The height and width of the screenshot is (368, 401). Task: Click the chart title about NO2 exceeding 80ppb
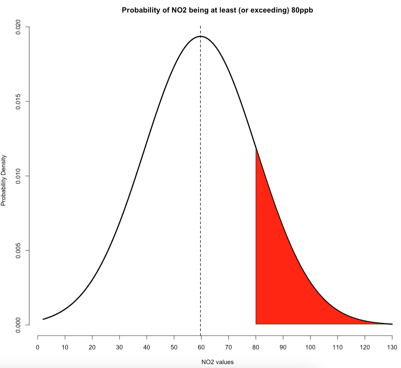(x=217, y=10)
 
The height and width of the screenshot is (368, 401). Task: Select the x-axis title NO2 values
(x=218, y=362)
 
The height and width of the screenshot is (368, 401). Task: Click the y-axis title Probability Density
(x=4, y=180)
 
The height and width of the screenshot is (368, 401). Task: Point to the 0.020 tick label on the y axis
(x=18, y=27)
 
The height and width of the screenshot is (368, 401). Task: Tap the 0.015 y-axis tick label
(x=18, y=102)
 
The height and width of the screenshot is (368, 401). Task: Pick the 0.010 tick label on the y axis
(x=18, y=176)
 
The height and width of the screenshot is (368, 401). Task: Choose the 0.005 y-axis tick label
(x=18, y=250)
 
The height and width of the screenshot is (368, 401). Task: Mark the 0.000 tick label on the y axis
(x=18, y=325)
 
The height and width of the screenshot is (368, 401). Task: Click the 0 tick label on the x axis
(x=38, y=347)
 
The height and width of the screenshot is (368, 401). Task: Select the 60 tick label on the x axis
(x=201, y=347)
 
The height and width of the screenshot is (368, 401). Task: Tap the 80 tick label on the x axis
(x=256, y=347)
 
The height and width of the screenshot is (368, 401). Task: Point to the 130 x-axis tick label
(x=392, y=347)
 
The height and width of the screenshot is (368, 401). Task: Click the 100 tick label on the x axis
(x=310, y=347)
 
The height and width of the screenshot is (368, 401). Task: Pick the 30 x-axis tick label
(x=120, y=347)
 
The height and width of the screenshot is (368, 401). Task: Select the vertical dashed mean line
(x=200, y=195)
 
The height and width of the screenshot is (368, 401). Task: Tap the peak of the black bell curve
(x=200, y=36)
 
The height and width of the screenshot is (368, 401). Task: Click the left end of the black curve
(x=43, y=319)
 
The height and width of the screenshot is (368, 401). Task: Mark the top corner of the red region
(x=256, y=149)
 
